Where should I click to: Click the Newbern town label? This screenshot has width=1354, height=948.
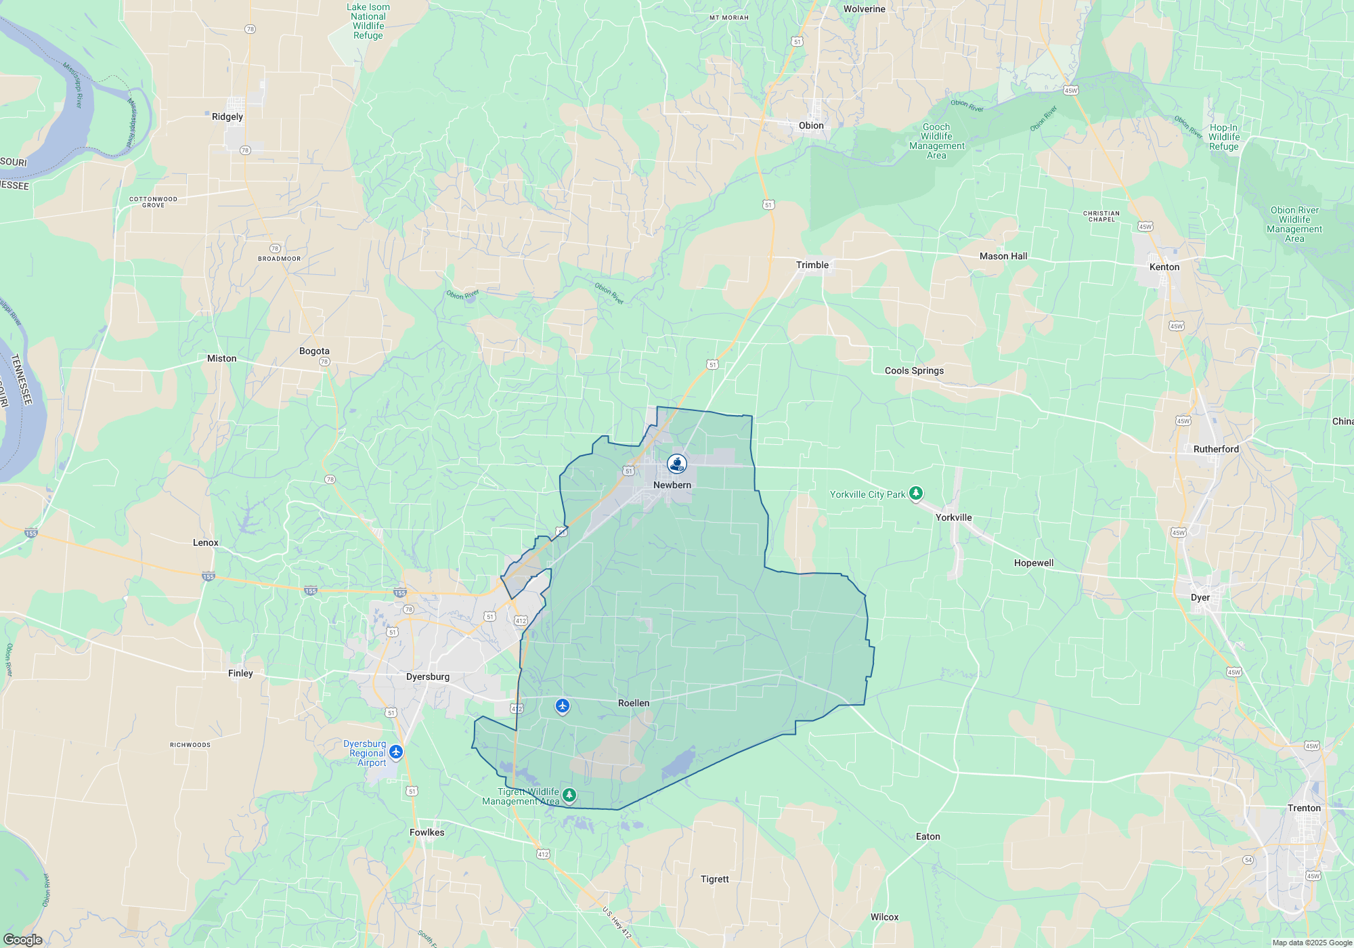point(672,485)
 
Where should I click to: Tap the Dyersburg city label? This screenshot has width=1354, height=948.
point(428,676)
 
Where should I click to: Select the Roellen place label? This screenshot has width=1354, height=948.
point(634,703)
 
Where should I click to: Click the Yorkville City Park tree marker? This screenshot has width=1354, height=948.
point(915,493)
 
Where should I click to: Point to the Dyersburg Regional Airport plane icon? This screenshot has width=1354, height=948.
point(396,752)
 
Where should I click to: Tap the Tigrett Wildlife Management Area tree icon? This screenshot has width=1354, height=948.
point(569,794)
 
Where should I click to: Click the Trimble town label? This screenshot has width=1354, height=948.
point(812,265)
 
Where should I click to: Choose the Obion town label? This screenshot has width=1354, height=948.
point(811,125)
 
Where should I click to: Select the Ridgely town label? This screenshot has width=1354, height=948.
point(227,116)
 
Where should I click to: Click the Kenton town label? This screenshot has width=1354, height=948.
point(1164,267)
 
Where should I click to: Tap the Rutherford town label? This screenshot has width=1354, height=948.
point(1216,449)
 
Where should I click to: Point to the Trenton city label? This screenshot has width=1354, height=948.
point(1304,808)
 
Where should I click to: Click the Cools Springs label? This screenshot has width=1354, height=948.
point(914,370)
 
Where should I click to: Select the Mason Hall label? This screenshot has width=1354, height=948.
point(1003,256)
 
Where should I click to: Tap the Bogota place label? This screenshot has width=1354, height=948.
point(314,351)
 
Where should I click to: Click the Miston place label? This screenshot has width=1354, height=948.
point(222,358)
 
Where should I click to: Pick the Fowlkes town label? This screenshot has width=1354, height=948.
point(427,832)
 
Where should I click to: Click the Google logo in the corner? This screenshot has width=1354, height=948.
point(22,940)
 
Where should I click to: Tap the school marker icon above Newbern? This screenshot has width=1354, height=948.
point(677,463)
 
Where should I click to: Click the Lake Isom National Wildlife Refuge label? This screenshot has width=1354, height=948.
point(368,22)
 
